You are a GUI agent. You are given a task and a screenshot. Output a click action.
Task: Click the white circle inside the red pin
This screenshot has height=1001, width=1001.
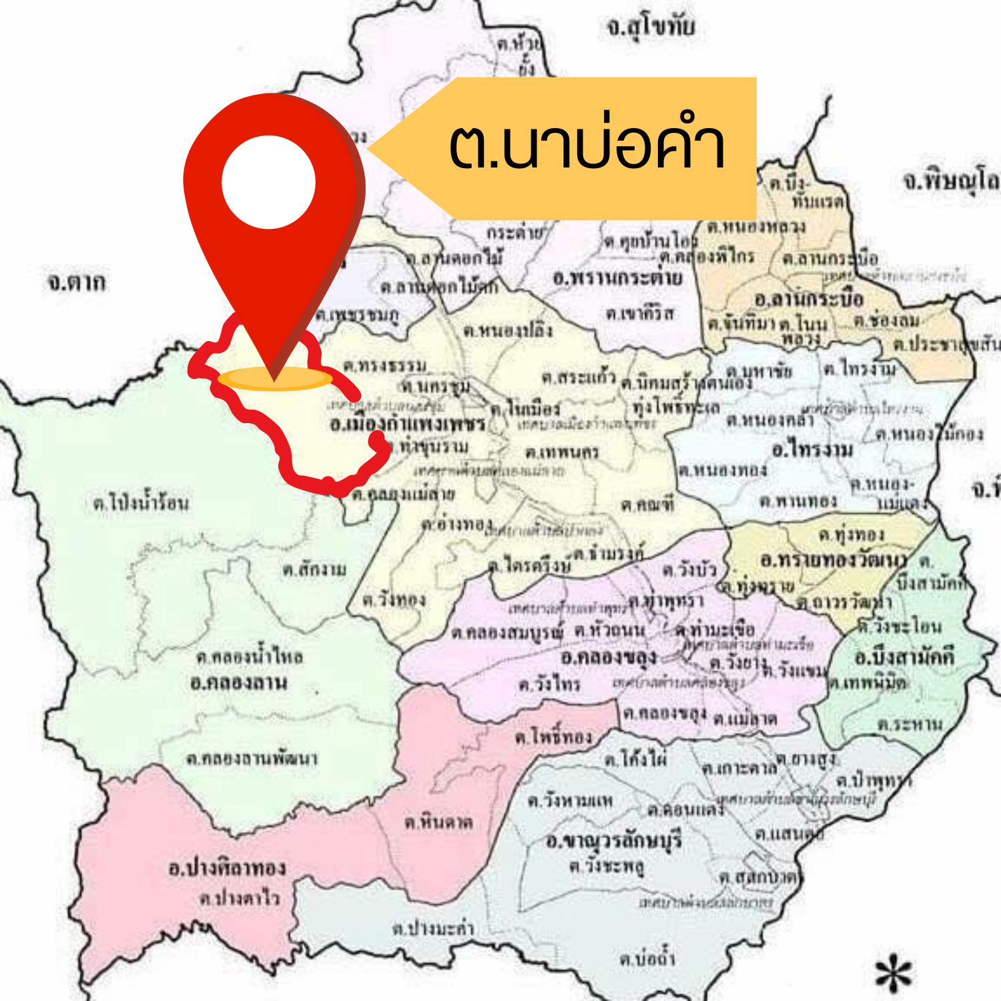268,182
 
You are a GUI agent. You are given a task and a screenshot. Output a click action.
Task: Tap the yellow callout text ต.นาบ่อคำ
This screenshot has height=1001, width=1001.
587,147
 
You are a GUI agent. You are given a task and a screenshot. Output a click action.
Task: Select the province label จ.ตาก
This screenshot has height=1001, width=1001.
76,282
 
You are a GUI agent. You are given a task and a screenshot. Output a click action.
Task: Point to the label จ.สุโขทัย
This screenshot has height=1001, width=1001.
651,27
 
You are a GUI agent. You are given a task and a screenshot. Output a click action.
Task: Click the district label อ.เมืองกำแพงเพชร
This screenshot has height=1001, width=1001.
407,424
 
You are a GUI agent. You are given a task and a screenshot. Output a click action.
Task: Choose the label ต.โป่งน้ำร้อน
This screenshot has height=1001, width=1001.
141,503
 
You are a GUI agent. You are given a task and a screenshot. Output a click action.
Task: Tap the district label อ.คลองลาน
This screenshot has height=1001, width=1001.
238,683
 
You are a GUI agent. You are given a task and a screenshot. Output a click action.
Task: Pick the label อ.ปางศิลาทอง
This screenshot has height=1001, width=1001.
227,868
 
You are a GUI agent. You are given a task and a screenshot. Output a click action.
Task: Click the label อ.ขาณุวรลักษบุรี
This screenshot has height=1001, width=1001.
614,840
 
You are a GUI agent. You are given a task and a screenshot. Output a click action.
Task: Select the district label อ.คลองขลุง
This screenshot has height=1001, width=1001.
609,658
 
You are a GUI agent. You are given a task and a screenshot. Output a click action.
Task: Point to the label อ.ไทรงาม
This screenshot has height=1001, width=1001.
812,450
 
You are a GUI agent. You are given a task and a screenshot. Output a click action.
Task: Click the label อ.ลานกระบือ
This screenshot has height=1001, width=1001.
809,298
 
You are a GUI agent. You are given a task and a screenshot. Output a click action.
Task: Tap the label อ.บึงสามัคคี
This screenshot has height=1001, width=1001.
904,657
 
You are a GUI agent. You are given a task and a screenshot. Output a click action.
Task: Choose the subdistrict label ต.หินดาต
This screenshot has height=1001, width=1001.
438,822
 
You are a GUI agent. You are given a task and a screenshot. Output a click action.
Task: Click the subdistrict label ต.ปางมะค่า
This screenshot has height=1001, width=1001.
433,928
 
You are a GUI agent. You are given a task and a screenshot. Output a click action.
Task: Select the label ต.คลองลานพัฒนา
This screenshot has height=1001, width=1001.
252,759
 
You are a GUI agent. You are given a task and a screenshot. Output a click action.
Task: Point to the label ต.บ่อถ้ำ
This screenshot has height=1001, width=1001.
647,959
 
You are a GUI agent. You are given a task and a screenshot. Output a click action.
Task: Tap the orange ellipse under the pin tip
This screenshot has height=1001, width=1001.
274,378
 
